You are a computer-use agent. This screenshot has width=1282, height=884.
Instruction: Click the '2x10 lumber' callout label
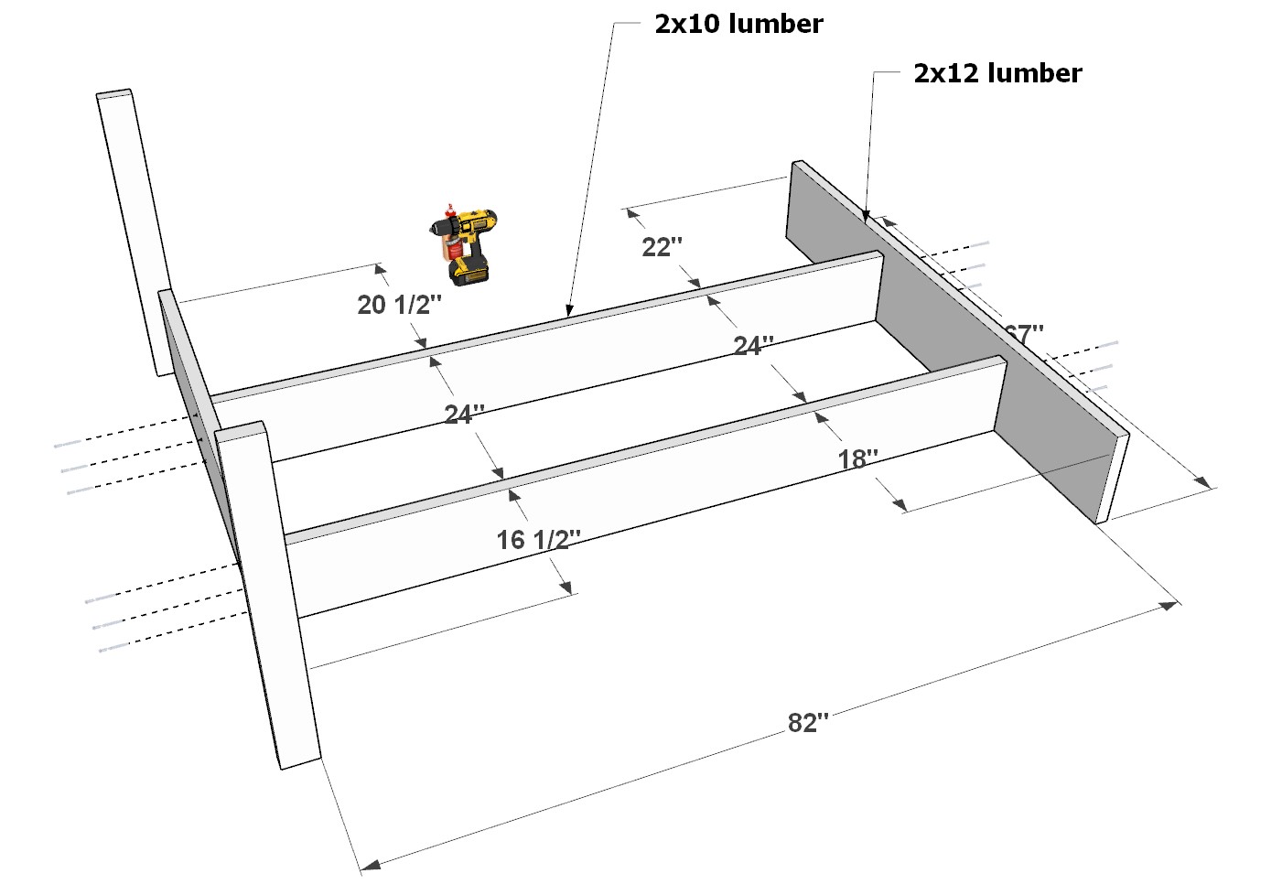(738, 24)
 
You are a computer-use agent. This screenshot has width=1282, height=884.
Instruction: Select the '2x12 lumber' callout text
(997, 73)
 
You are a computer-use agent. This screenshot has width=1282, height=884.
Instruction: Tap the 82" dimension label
(807, 723)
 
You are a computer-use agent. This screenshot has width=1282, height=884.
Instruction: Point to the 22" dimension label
(662, 247)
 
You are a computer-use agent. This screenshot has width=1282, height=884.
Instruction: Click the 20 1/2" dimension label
(399, 305)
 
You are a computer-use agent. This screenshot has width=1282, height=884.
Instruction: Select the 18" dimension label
(858, 459)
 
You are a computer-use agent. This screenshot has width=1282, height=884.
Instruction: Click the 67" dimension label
(1023, 334)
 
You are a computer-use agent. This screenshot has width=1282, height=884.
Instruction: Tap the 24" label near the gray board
(753, 346)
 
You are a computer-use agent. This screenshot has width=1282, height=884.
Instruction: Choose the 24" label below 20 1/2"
(464, 415)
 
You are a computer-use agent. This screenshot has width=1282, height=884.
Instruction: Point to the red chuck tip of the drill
(448, 207)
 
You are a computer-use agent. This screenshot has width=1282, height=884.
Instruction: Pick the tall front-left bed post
(270, 595)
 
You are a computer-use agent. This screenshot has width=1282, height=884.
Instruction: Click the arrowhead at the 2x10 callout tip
(569, 312)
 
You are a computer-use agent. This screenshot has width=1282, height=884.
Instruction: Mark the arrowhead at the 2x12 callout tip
(866, 217)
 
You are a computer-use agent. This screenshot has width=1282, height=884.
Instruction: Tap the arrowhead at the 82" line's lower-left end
(368, 864)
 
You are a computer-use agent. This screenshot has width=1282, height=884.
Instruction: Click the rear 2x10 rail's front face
(549, 366)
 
